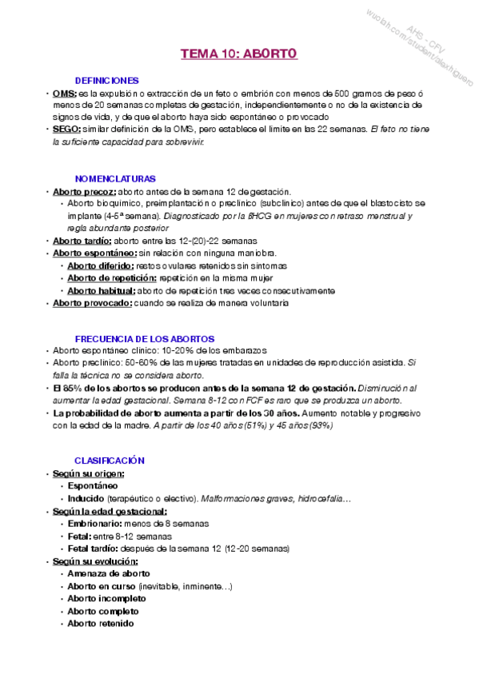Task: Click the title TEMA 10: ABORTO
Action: [x=238, y=54]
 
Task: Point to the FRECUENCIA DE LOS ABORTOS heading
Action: [x=144, y=339]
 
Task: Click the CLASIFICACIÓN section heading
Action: [x=110, y=461]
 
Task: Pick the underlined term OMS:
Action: [x=65, y=94]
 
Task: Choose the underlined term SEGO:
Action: [x=66, y=130]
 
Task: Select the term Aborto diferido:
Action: [x=101, y=265]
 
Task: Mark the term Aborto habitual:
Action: [x=101, y=291]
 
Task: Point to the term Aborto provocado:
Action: [x=91, y=303]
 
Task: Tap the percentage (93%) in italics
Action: [x=318, y=425]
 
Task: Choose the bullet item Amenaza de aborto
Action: [x=108, y=573]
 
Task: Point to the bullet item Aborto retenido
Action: [x=100, y=624]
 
